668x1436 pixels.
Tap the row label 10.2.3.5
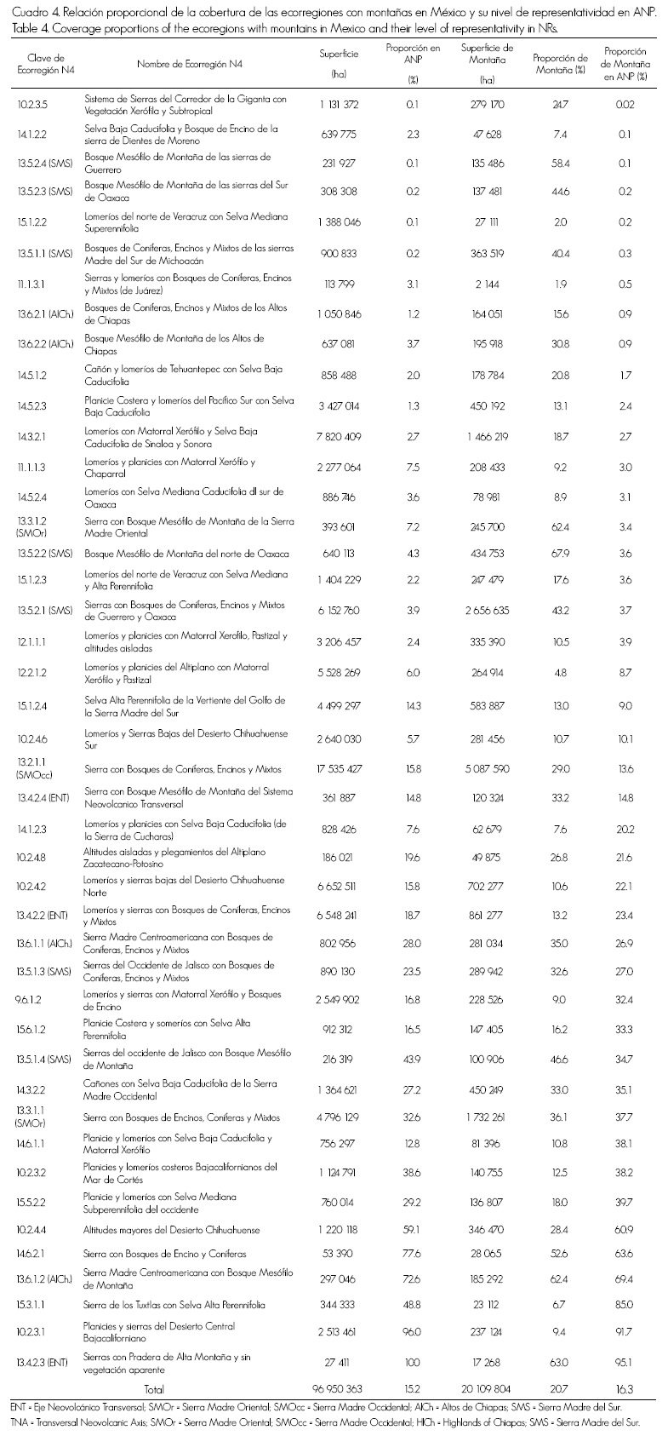tap(33, 105)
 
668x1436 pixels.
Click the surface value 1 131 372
tap(339, 105)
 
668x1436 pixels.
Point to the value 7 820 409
tap(339, 436)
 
